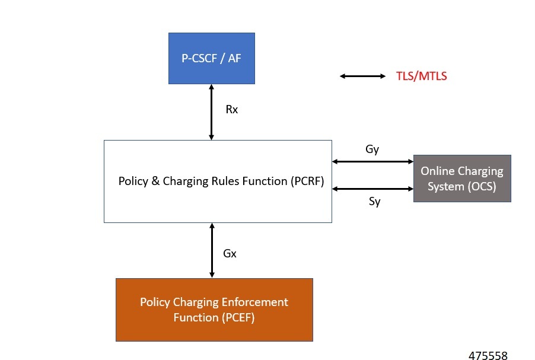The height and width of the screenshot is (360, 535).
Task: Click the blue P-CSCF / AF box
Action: (x=212, y=58)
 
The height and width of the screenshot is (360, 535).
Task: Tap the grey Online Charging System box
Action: (x=462, y=178)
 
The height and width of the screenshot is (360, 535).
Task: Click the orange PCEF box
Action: (x=214, y=310)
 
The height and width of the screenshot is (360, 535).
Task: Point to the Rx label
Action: (x=232, y=110)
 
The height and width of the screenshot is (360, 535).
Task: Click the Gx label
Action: (x=230, y=253)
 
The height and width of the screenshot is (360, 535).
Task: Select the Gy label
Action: (x=372, y=149)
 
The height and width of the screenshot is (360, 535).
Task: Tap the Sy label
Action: (x=374, y=201)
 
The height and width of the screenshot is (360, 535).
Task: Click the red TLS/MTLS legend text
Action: (x=421, y=77)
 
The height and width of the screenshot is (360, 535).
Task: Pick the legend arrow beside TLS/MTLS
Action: (x=363, y=76)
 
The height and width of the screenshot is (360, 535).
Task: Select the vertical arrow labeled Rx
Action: (x=212, y=112)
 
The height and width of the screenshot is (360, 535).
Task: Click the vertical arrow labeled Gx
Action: (x=212, y=250)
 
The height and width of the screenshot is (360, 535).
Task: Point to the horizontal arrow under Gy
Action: (x=372, y=161)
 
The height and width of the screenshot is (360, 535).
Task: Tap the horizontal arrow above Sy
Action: (x=372, y=189)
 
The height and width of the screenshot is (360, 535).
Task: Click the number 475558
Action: (x=488, y=355)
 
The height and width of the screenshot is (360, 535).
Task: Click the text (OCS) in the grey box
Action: (x=480, y=186)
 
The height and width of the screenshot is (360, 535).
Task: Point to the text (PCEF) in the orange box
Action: (x=240, y=317)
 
